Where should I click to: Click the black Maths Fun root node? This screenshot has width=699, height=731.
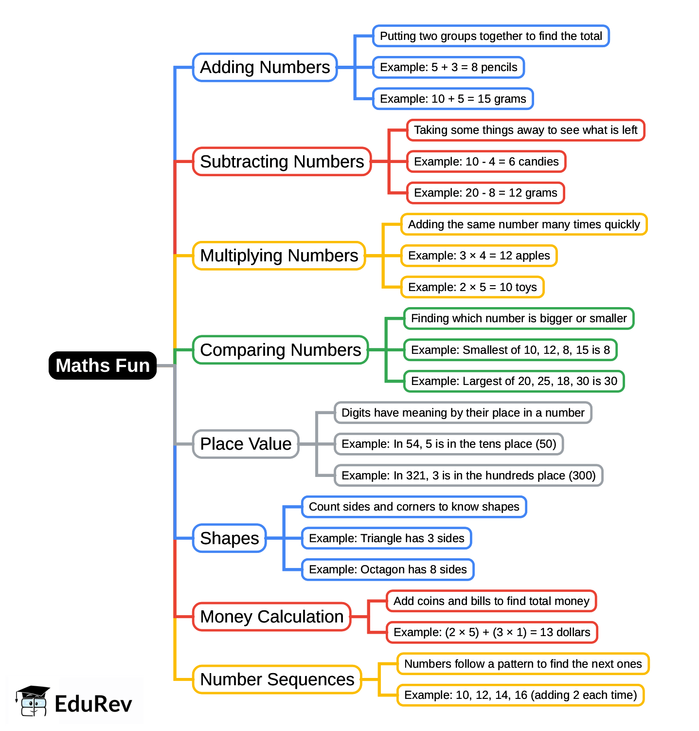(x=103, y=365)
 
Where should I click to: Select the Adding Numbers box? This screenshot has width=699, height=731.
(x=265, y=67)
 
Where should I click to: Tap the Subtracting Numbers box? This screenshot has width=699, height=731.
(x=282, y=162)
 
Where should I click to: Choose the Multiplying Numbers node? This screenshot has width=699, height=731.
(x=279, y=256)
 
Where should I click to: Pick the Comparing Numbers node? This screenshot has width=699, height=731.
(x=280, y=350)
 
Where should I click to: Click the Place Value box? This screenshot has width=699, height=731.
(x=246, y=444)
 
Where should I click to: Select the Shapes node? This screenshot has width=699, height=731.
(x=230, y=538)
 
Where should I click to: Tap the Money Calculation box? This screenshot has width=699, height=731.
(x=271, y=617)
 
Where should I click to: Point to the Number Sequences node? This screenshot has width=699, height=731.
(x=277, y=679)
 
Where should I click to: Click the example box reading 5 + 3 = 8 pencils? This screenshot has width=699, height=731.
(x=448, y=67)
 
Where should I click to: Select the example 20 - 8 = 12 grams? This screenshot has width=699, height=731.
(x=485, y=193)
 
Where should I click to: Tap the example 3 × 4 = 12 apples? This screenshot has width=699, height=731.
(x=479, y=256)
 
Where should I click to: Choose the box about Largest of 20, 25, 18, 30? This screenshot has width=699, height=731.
(x=514, y=381)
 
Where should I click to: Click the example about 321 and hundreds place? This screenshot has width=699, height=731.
(x=468, y=475)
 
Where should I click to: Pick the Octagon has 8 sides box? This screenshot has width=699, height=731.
(x=388, y=569)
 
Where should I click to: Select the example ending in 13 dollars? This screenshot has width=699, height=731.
(x=492, y=632)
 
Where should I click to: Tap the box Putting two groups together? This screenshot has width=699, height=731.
(x=491, y=36)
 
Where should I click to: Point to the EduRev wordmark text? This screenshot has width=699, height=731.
(x=93, y=704)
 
